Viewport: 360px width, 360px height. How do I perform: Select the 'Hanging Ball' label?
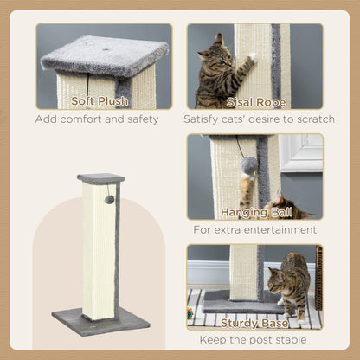click(255, 212)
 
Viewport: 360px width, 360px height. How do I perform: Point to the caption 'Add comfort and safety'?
click(97, 119)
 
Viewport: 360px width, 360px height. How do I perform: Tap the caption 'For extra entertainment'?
click(255, 230)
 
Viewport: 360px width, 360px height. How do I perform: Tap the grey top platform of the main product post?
click(100, 178)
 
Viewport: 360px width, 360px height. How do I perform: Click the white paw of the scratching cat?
click(252, 58)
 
